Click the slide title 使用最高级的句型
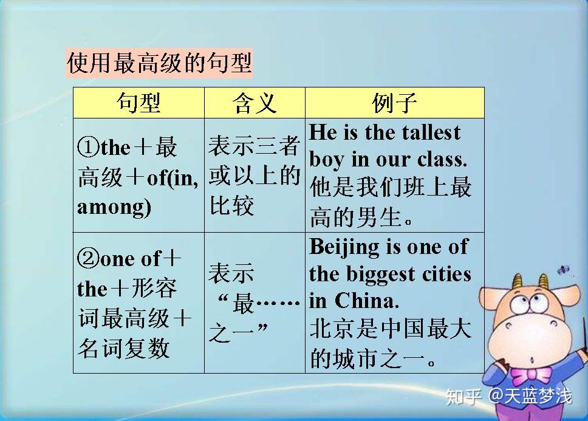[159, 63]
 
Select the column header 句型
[138, 103]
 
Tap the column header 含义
[255, 103]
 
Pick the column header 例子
[394, 103]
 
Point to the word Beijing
[340, 247]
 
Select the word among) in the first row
[114, 207]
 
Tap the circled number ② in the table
[87, 259]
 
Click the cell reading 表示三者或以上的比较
[255, 176]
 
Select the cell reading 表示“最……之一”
[255, 303]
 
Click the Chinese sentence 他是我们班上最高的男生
[391, 202]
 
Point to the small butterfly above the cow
[564, 271]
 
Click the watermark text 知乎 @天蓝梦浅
[508, 397]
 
